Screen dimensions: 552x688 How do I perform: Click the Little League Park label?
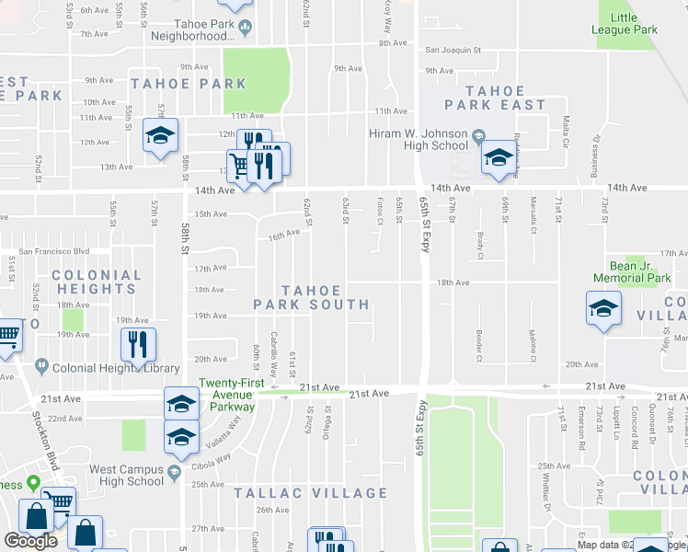point(636,24)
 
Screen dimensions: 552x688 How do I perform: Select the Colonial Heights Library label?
point(116,368)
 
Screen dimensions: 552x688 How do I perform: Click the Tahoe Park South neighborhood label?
point(312,297)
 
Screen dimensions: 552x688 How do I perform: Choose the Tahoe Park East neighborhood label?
point(495,98)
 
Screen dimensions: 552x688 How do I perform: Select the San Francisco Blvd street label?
point(55,251)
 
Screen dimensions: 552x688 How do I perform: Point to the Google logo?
point(30,541)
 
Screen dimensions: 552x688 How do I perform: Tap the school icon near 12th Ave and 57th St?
point(160,138)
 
